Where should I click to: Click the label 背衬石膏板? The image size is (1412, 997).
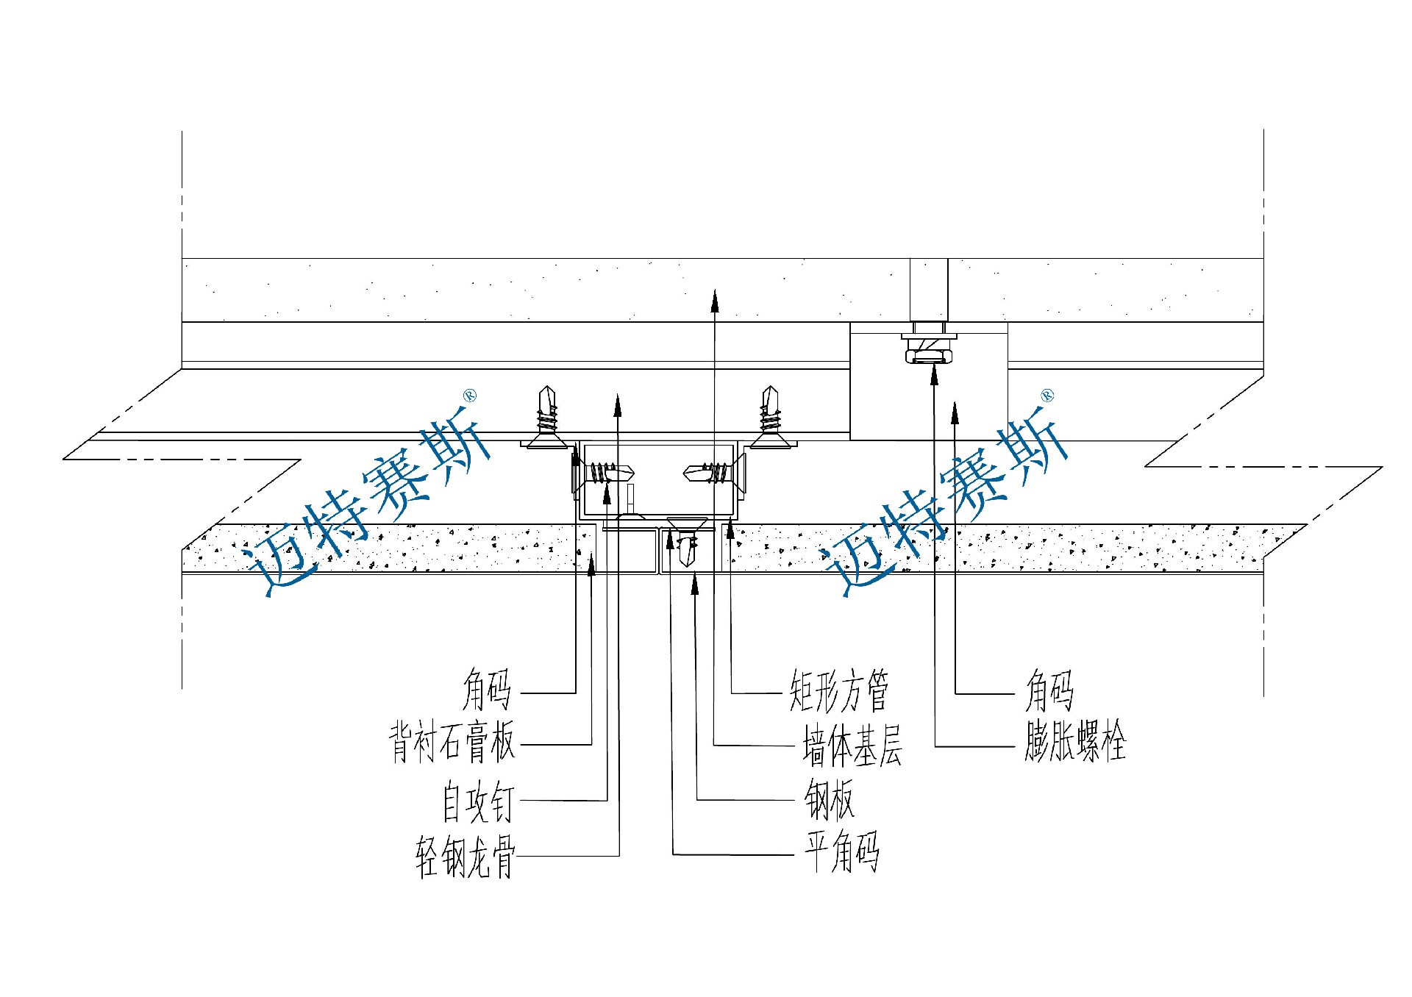click(452, 742)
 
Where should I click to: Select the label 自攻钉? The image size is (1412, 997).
click(477, 801)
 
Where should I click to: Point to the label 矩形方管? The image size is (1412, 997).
click(839, 691)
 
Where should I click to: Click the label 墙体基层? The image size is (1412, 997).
click(852, 746)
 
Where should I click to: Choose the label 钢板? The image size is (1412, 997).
click(829, 800)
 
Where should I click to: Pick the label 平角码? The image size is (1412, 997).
click(841, 854)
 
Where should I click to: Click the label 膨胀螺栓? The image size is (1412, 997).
click(1074, 743)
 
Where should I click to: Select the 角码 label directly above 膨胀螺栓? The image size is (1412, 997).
click(1049, 691)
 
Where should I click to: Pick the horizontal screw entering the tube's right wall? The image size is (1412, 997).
click(707, 472)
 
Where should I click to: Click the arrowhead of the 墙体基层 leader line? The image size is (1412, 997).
click(714, 297)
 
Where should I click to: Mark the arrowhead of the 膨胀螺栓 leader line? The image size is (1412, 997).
click(934, 375)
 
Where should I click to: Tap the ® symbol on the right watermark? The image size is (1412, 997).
click(1047, 396)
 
